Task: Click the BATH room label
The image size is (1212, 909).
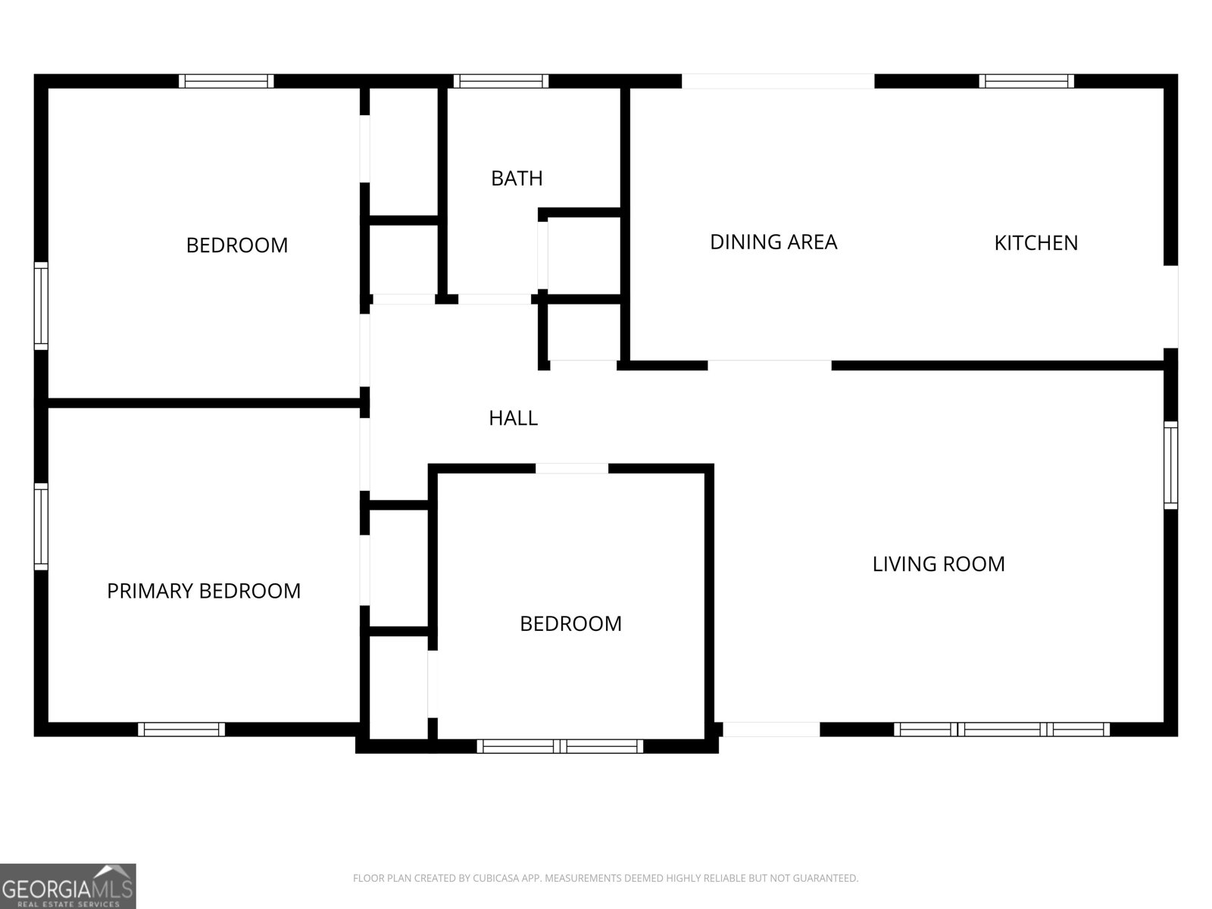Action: (517, 178)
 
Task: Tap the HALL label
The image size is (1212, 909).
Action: (513, 418)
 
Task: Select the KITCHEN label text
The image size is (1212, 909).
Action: (1036, 243)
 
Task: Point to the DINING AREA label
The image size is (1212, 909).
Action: (773, 242)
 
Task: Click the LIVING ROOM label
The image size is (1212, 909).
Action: (938, 564)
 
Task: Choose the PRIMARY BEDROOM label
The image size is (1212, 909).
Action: (204, 591)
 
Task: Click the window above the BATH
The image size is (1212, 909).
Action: (501, 81)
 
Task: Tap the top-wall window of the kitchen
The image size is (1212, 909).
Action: (1026, 81)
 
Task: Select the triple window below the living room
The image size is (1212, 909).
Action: (1001, 729)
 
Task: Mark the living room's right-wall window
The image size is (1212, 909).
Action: (1170, 465)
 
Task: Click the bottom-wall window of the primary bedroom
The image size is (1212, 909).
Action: (181, 729)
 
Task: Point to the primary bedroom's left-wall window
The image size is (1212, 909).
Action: (41, 526)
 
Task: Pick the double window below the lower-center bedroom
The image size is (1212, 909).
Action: (560, 746)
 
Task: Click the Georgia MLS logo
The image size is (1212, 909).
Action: (68, 886)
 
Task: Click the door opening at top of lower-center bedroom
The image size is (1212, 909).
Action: (571, 469)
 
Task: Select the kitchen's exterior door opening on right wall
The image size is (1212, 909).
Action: (1170, 307)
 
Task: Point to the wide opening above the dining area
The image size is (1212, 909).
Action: (778, 81)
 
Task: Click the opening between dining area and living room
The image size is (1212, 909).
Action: (769, 365)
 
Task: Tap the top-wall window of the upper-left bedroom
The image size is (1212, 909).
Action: (226, 81)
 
